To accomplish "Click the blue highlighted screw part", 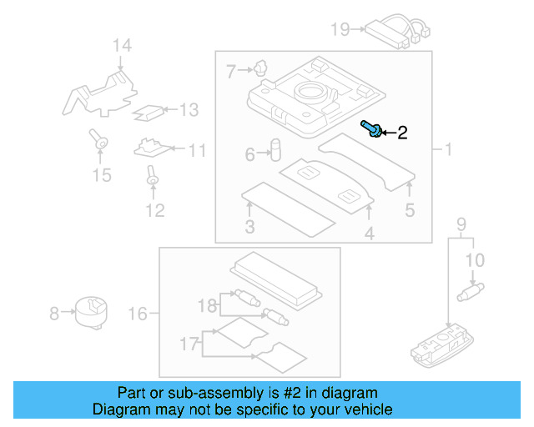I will pos(372,128).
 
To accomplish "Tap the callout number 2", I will pos(401,133).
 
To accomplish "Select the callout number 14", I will pos(123,45).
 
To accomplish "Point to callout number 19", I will pos(340,30).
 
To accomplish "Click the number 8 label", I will pos(54,314).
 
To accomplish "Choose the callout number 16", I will pos(138,314).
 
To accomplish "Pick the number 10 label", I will pos(474,261).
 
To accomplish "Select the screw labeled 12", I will pos(152,176).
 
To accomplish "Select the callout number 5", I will pos(409,210).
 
